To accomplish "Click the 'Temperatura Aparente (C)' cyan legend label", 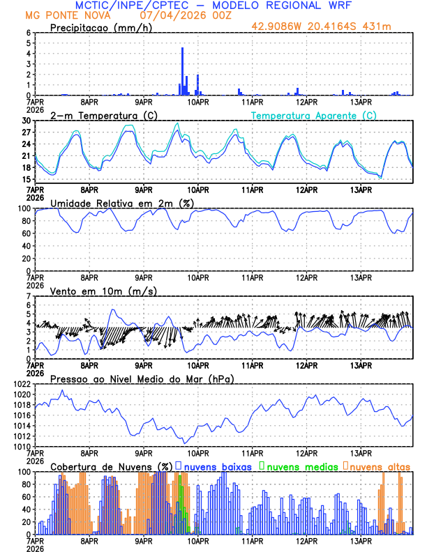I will (x=314, y=115).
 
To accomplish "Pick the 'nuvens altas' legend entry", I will (x=380, y=466).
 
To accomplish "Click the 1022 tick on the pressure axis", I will (x=21, y=384).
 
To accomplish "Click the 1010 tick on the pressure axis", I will (x=21, y=447).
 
